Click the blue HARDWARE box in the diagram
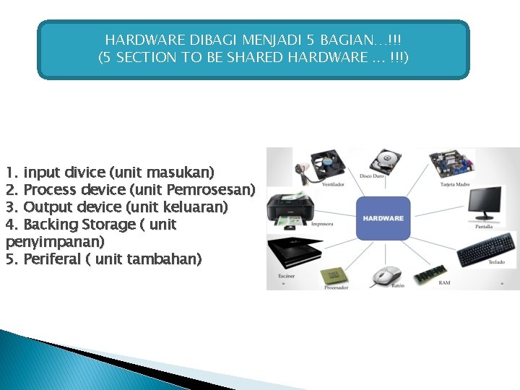tap(383, 218)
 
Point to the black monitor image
tap(485, 203)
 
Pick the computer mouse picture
tap(386, 275)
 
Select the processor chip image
tap(333, 274)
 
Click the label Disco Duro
tap(372, 176)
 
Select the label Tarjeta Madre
tap(454, 184)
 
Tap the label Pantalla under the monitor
tap(484, 226)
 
